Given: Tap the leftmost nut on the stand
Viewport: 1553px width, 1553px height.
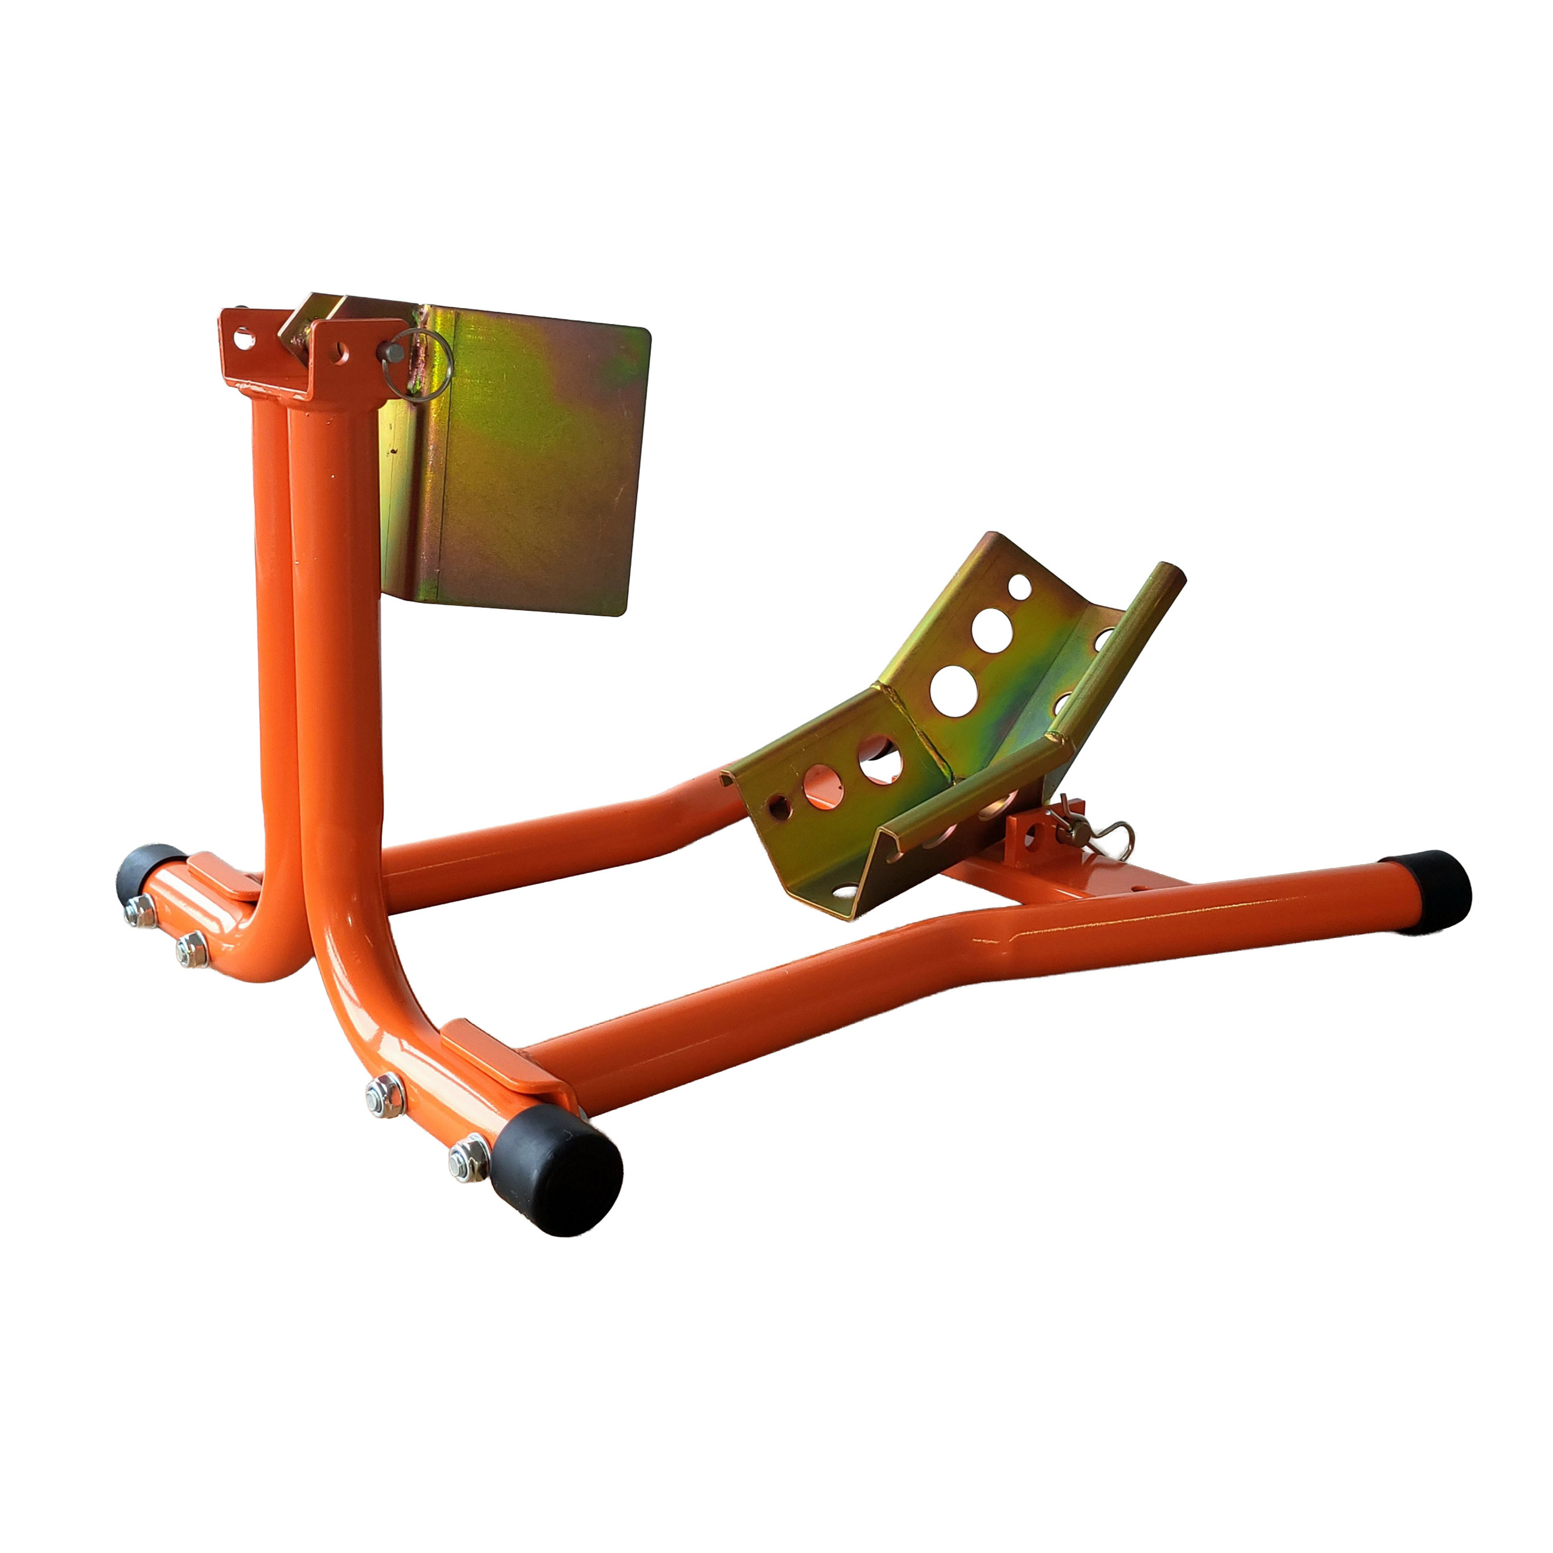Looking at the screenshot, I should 140,911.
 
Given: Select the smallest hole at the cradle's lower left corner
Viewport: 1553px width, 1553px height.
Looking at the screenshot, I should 778,806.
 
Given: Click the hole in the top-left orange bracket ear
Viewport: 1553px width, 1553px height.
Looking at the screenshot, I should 243,339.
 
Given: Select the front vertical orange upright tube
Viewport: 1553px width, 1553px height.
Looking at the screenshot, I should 338,643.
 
